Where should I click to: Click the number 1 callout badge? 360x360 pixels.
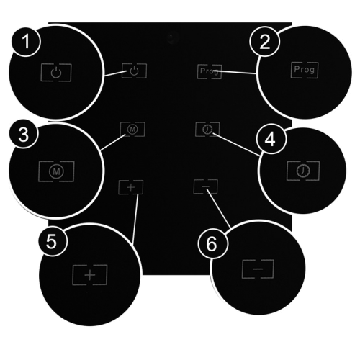click(x=26, y=41)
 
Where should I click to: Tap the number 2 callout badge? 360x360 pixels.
click(x=265, y=42)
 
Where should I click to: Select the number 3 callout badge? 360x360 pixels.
click(x=23, y=135)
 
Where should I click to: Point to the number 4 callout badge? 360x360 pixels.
click(x=271, y=139)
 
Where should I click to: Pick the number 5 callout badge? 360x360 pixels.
click(x=51, y=241)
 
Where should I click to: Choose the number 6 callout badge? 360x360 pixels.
click(x=212, y=244)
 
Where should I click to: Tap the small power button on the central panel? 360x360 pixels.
click(x=134, y=71)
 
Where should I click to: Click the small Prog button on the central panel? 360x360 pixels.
click(x=210, y=71)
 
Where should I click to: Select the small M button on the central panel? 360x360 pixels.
click(x=132, y=130)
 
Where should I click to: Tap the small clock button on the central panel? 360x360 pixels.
click(x=207, y=130)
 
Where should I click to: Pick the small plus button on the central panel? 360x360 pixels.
click(x=131, y=187)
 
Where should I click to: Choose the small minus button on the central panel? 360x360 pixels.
click(x=206, y=186)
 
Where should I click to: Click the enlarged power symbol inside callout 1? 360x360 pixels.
click(x=56, y=73)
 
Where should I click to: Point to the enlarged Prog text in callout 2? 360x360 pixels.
click(x=305, y=70)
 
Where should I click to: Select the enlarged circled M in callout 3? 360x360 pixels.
click(x=56, y=171)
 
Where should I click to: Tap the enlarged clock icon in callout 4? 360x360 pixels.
click(x=303, y=171)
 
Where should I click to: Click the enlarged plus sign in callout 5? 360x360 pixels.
click(x=90, y=275)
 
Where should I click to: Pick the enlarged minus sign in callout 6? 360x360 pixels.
click(x=258, y=269)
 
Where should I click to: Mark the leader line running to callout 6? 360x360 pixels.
click(x=218, y=208)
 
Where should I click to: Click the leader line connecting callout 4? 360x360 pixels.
click(x=237, y=145)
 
